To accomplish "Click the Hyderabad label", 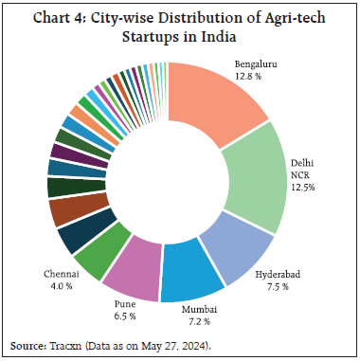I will (x=280, y=274).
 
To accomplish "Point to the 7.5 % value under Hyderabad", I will (x=280, y=287).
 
